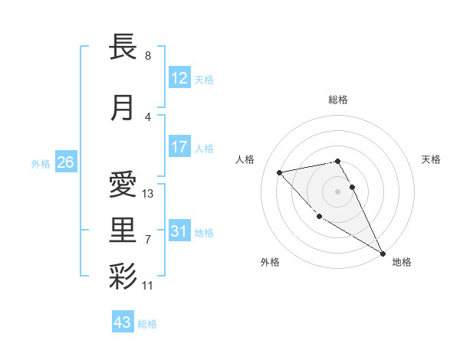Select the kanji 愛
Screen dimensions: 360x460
coord(123,185)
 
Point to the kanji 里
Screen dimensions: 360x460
coord(123,229)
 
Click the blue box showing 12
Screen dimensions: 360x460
coord(179,77)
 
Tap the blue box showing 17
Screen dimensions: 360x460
coord(179,147)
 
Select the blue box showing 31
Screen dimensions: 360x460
coord(179,231)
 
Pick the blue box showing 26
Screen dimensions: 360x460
coord(65,162)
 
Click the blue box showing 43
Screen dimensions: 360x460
coord(123,322)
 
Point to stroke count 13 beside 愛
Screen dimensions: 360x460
coord(148,194)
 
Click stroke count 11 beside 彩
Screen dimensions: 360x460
coord(148,286)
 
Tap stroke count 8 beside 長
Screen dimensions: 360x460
coord(147,56)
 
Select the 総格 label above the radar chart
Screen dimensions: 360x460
coord(338,100)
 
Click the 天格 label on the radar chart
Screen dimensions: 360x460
coord(431,159)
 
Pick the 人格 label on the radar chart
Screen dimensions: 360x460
coord(245,159)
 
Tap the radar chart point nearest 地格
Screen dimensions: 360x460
coord(383,254)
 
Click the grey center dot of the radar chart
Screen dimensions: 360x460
coord(338,191)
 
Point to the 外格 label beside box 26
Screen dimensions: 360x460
coord(41,163)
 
